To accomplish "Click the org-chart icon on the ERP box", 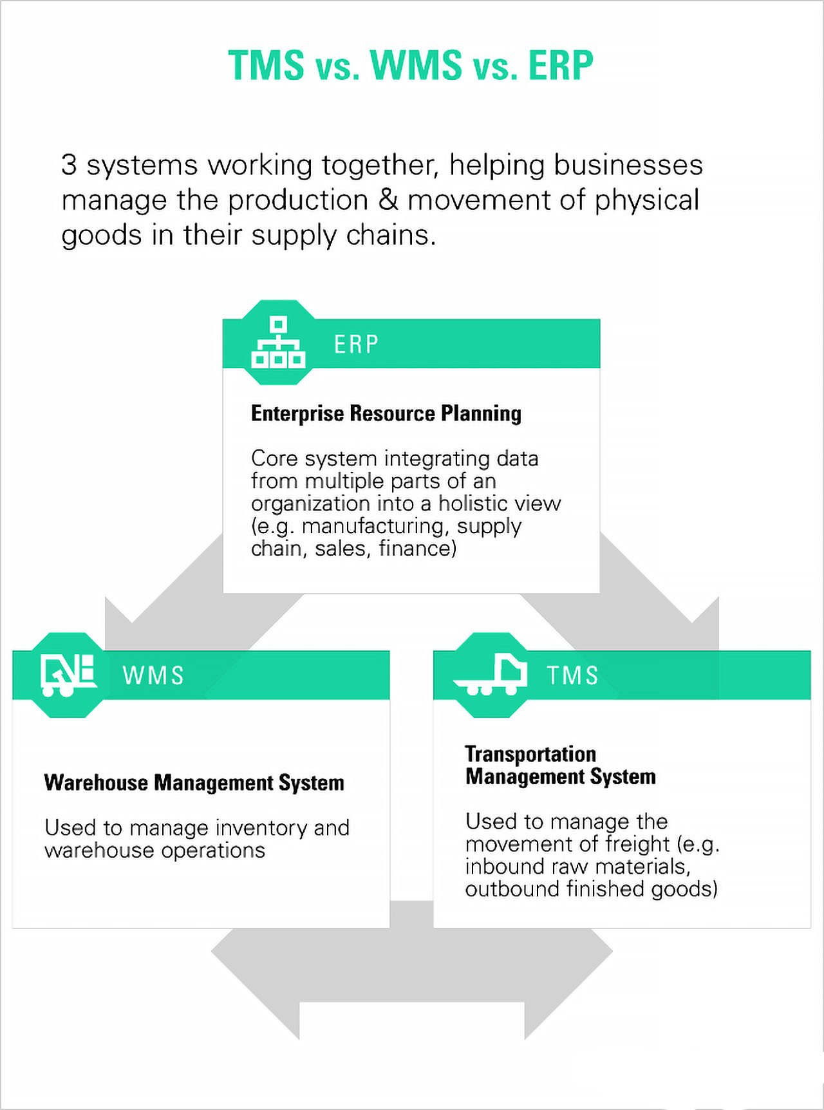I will pyautogui.click(x=278, y=343).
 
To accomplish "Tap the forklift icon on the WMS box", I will pyautogui.click(x=67, y=675).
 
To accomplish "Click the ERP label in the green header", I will pyautogui.click(x=356, y=344).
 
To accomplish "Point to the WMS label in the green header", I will pyautogui.click(x=153, y=675).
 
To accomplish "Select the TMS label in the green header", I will pyautogui.click(x=572, y=675).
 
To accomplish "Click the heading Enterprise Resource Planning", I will pyautogui.click(x=386, y=413).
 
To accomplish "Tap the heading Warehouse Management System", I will pyautogui.click(x=194, y=783).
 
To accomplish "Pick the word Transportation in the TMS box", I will pyautogui.click(x=530, y=754).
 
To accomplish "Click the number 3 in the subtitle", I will pyautogui.click(x=69, y=165).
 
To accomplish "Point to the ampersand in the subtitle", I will pyautogui.click(x=388, y=200).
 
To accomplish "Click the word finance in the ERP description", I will pyautogui.click(x=417, y=549).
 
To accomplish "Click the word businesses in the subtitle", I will pyautogui.click(x=628, y=165).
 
